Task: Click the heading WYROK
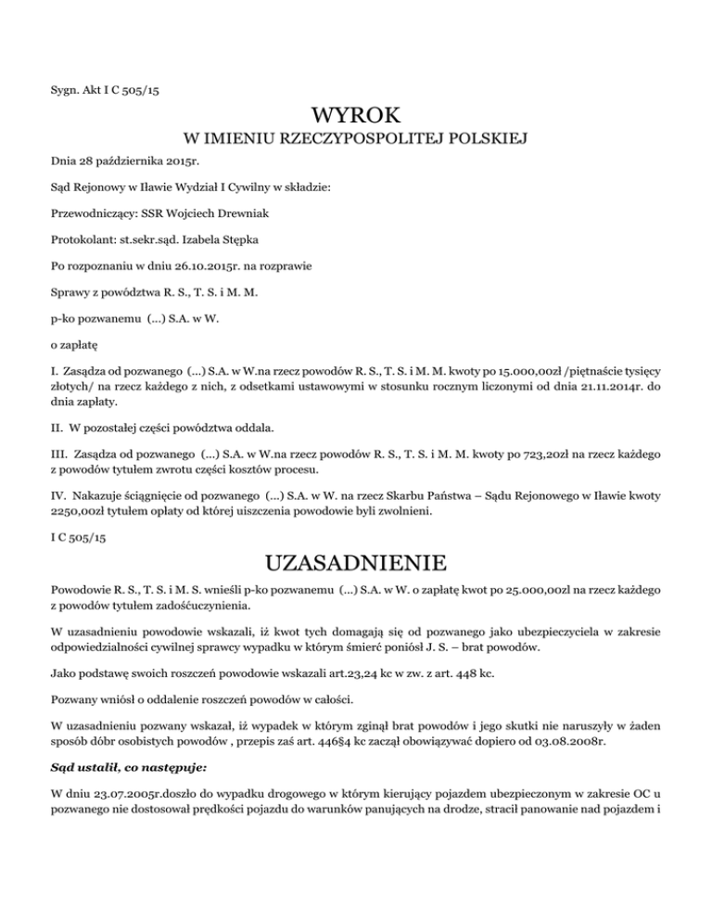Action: tap(356, 117)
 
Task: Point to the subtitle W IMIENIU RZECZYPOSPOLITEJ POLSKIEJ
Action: tap(356, 140)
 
